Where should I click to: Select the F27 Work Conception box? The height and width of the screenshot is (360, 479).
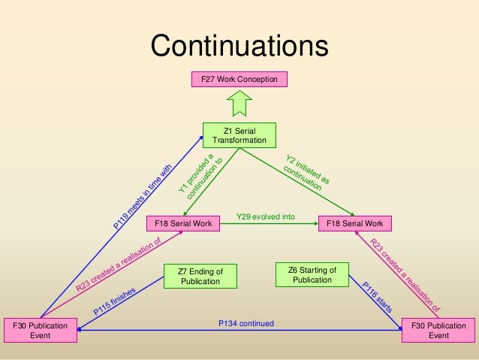239,79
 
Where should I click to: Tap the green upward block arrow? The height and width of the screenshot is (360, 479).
239,103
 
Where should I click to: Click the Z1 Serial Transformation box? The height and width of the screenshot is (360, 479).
239,135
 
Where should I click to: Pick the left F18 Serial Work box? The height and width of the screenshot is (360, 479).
183,223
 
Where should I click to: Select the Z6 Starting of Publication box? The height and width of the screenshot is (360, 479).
312,274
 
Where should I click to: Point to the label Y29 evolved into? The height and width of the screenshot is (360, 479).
266,217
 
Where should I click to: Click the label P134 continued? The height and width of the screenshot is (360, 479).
246,323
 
